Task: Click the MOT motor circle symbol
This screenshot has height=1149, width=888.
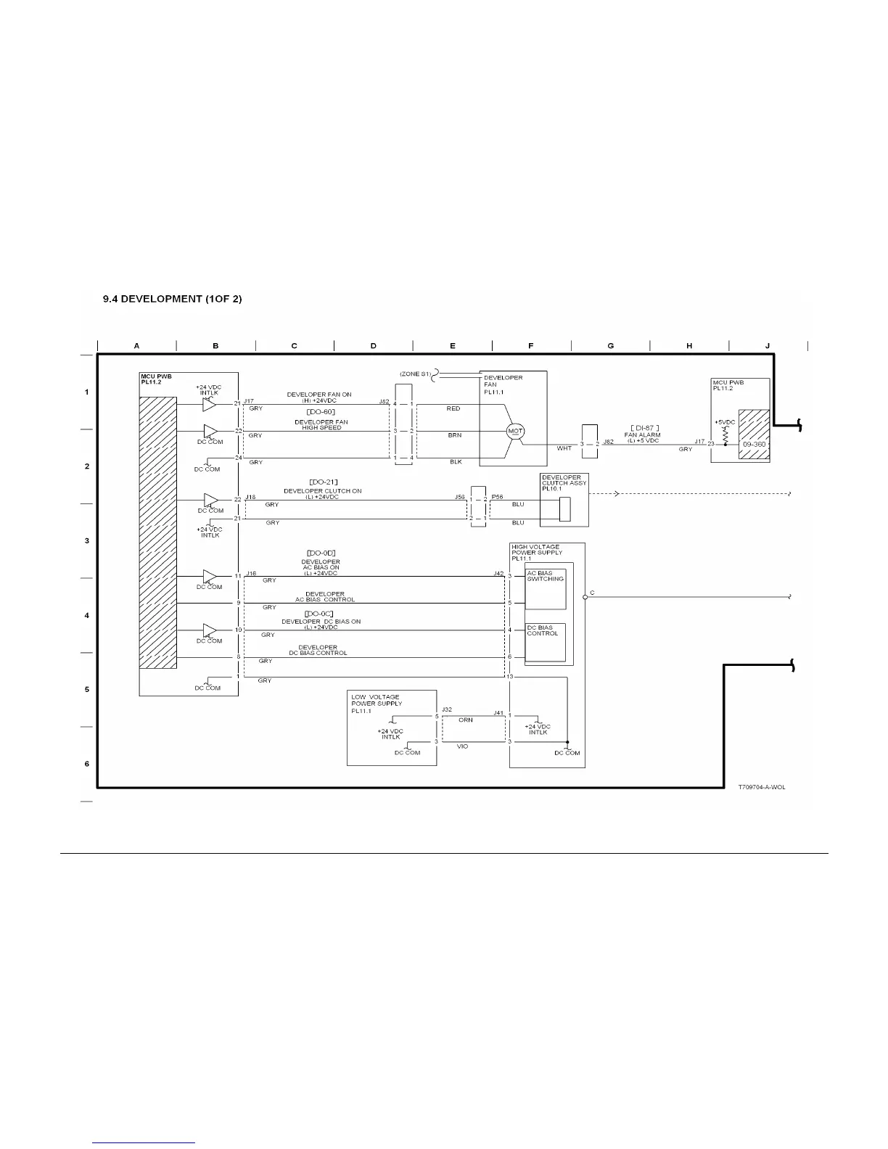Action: point(515,431)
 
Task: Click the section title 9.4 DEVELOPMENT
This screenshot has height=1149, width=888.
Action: point(172,299)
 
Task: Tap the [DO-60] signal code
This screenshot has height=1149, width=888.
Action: point(321,411)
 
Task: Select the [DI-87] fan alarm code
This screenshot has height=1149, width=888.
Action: point(644,428)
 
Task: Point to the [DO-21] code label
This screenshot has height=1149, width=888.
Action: point(323,482)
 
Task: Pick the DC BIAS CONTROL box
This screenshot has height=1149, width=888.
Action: point(545,643)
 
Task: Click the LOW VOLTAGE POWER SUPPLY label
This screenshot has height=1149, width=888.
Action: point(376,704)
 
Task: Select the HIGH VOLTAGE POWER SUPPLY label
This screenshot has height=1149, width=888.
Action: point(535,553)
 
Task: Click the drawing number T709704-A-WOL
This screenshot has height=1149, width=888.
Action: point(761,787)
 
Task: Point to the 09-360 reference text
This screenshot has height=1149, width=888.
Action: point(754,444)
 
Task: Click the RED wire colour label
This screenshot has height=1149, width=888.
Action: point(453,408)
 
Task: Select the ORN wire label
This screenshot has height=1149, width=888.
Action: point(466,720)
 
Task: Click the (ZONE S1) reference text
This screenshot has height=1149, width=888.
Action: point(415,374)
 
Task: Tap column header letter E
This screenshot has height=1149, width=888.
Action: point(453,346)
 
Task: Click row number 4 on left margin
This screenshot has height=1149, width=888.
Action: point(87,615)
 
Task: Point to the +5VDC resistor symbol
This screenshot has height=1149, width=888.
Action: point(725,433)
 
